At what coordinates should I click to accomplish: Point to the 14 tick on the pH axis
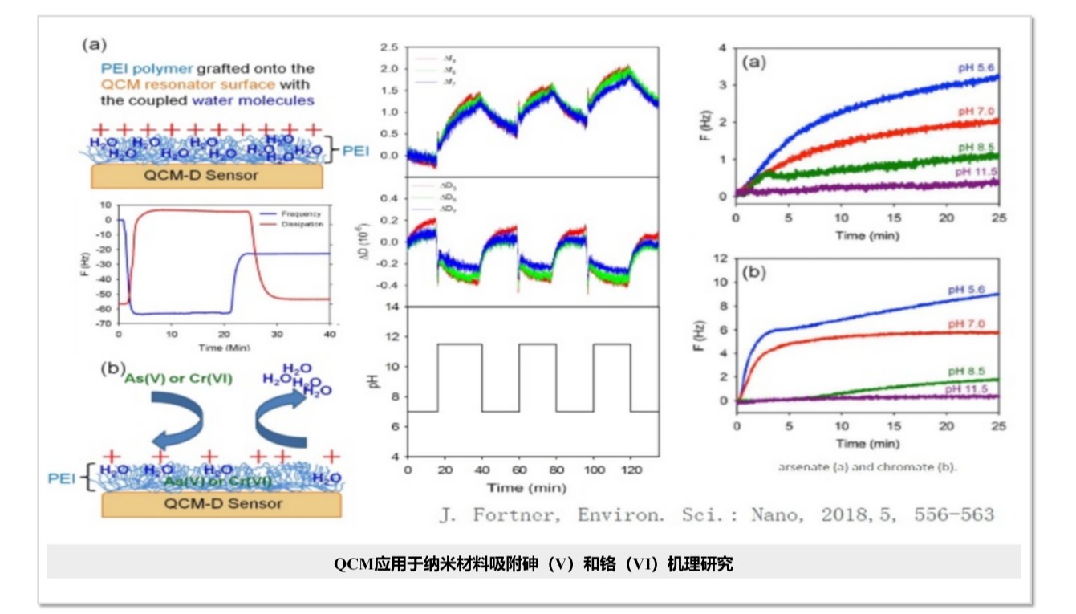[394, 307]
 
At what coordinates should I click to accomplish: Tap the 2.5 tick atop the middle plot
[392, 48]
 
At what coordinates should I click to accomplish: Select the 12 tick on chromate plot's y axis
[721, 258]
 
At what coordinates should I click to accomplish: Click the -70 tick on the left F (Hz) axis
[104, 323]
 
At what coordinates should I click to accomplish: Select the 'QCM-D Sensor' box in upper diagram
[207, 175]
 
